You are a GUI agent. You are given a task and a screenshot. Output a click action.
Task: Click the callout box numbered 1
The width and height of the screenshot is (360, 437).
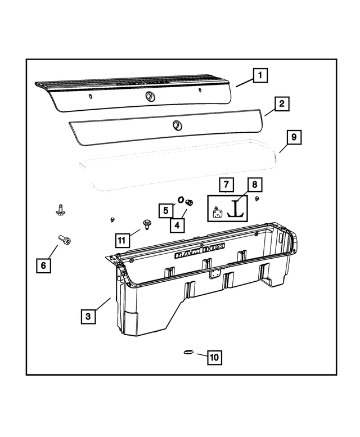(x=260, y=75)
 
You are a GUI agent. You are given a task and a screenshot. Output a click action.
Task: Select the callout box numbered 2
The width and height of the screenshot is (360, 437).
(x=281, y=104)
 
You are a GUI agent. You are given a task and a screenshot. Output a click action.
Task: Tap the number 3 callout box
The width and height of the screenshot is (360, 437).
(x=88, y=317)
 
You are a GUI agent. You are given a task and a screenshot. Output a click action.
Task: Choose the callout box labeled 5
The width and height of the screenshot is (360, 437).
(x=166, y=211)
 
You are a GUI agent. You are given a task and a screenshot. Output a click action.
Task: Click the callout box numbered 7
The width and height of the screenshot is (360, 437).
(x=226, y=184)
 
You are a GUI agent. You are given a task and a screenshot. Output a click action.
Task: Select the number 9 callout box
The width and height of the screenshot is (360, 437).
(x=294, y=137)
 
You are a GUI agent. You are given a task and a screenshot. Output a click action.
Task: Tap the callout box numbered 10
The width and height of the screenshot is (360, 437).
(x=214, y=357)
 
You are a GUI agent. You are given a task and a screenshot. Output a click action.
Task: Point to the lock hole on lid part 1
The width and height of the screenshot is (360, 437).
(x=150, y=96)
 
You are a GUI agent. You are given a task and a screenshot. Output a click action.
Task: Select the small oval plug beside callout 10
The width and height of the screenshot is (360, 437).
(x=188, y=353)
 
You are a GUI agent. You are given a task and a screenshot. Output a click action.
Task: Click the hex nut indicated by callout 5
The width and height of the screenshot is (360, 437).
(x=181, y=200)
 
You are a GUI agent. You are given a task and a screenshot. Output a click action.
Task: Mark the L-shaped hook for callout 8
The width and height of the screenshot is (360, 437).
(x=237, y=210)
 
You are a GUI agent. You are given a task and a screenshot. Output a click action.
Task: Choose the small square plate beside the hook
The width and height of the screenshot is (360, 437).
(x=217, y=212)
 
